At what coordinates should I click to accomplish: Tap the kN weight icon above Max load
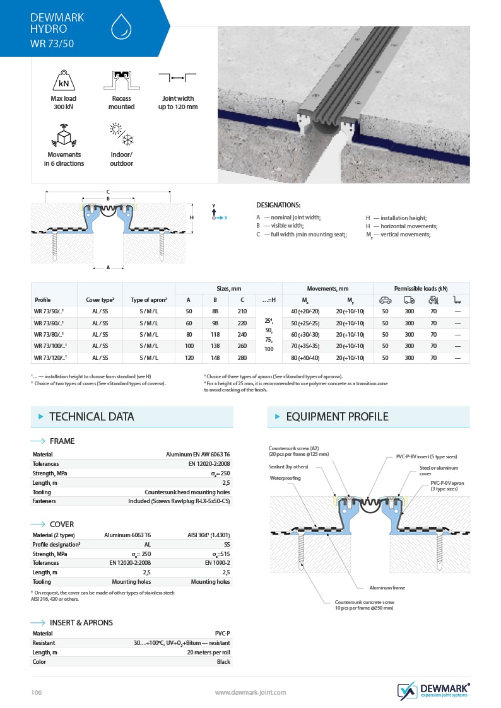pos(64,81)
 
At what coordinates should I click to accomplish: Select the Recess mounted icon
pos(121,80)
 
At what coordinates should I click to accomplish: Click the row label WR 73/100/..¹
pos(52,346)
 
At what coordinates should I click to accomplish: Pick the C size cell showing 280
pos(242,358)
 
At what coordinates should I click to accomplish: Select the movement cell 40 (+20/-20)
pos(305,311)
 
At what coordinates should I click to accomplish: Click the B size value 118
pos(215,335)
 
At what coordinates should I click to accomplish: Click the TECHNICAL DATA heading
pos(91,417)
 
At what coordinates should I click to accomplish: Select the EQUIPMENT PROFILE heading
pos(337,417)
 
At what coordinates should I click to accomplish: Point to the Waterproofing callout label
pos(285,478)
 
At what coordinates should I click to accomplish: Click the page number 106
pos(36,692)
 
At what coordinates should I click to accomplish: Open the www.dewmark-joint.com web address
pos(250,692)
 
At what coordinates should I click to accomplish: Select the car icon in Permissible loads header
pos(385,300)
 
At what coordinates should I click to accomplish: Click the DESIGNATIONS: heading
pos(278,205)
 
